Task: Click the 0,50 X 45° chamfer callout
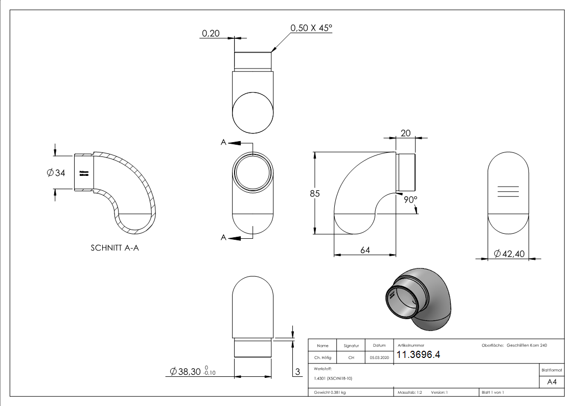(x=311, y=28)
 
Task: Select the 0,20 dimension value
(x=211, y=33)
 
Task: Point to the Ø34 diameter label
(x=56, y=173)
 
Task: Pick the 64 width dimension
(x=364, y=250)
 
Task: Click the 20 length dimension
(x=406, y=133)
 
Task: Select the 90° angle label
(x=410, y=199)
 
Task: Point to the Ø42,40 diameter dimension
(x=509, y=253)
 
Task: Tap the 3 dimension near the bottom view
(x=297, y=372)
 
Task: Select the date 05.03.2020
(x=379, y=358)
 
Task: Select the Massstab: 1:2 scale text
(x=409, y=392)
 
